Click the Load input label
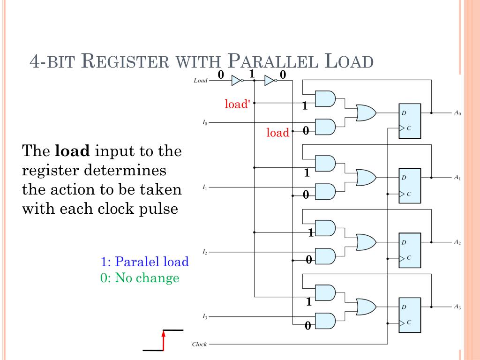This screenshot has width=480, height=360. coord(200,81)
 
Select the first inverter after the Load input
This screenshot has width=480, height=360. coord(237,81)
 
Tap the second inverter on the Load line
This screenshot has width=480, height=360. coord(270,81)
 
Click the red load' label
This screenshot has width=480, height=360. coord(236,104)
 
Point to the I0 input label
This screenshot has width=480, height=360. coord(205,123)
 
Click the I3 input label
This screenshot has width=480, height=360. coord(205,317)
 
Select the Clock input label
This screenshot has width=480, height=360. coord(199,345)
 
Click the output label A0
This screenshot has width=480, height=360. coord(457,113)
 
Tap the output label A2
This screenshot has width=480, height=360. coord(457,243)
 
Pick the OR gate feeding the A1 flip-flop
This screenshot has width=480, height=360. coord(366,178)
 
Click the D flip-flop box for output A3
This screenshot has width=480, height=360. coord(410,315)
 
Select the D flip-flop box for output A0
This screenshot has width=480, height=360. coord(410,121)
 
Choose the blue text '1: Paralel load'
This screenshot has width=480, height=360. coord(144,262)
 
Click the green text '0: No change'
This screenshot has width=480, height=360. coord(140,278)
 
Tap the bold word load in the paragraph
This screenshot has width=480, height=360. coord(73,151)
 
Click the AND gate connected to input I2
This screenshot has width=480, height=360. coord(325,256)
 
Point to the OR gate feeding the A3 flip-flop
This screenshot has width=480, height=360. coord(366,307)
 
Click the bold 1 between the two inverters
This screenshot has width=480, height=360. coord(252,74)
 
